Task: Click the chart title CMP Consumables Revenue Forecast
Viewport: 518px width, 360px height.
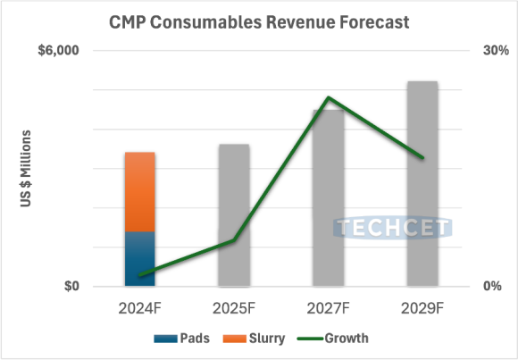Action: point(258,21)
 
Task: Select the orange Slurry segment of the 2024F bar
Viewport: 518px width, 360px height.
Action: point(139,191)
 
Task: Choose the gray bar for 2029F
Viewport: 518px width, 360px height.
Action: point(422,183)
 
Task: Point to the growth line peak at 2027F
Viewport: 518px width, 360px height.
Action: point(328,97)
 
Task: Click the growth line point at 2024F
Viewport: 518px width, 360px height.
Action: point(140,275)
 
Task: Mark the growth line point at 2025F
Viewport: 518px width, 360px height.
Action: point(234,240)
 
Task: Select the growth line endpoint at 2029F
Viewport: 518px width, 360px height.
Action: point(422,157)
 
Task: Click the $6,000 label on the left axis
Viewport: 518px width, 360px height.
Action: point(58,51)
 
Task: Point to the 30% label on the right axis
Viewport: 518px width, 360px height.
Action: point(496,51)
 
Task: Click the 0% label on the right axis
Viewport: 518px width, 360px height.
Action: point(492,287)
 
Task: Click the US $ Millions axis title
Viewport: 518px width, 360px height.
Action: point(26,170)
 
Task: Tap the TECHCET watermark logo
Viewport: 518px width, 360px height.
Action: point(393,230)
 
